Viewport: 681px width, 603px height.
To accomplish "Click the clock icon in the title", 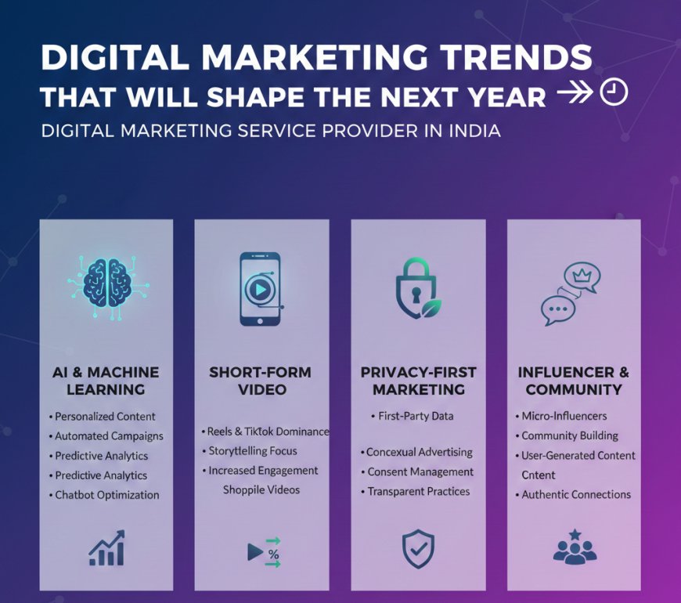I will tap(614, 93).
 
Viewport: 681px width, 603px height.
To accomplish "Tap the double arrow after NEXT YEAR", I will tap(575, 95).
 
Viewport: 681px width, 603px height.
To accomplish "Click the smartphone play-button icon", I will tap(261, 288).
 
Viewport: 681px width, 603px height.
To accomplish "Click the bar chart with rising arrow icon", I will tap(106, 548).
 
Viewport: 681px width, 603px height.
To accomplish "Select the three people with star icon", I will tap(575, 547).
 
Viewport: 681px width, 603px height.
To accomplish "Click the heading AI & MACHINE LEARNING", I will tap(106, 380).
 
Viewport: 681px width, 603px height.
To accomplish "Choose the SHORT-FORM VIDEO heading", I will tap(260, 380).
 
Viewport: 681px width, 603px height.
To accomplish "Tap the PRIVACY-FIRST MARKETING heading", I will tap(418, 380).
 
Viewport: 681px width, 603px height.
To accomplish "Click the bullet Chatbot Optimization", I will tap(106, 495).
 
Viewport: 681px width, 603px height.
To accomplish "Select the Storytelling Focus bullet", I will tap(252, 451).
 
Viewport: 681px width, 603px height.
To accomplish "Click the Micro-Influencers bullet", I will tap(564, 416).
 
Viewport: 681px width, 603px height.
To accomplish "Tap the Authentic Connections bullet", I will tap(575, 494).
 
